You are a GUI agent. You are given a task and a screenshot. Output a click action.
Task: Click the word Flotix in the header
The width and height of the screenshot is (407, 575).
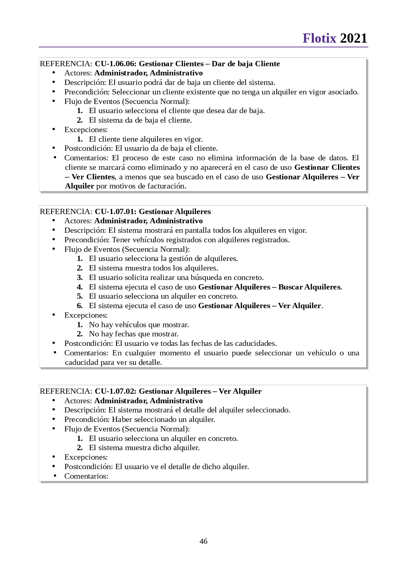coord(319,38)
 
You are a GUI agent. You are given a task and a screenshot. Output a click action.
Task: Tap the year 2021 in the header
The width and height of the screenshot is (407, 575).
coord(353,38)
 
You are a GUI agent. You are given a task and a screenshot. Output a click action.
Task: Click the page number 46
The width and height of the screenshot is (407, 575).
coord(203,541)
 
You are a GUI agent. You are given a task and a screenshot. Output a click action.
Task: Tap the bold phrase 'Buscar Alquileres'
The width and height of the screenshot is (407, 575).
coord(309,287)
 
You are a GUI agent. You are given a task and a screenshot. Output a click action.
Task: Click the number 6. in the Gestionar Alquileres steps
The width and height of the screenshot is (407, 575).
coord(80,306)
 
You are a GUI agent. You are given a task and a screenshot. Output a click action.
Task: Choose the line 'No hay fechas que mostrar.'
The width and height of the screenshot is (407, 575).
coord(134,334)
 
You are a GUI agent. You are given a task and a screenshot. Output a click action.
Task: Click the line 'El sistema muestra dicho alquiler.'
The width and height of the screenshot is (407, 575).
coord(144,447)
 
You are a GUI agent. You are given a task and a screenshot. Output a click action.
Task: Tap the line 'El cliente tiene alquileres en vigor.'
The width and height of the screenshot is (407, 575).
coord(146,139)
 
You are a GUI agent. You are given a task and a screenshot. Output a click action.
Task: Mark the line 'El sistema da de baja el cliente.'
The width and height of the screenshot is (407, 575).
coord(140,120)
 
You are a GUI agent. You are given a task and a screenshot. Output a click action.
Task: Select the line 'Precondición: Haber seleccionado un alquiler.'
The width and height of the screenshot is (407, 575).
coord(139,419)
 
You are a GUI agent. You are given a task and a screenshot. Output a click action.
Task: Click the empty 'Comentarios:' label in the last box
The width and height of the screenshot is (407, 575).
coord(86,476)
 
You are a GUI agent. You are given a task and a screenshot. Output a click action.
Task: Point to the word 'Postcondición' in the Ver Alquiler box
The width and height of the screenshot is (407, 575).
coord(88,466)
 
